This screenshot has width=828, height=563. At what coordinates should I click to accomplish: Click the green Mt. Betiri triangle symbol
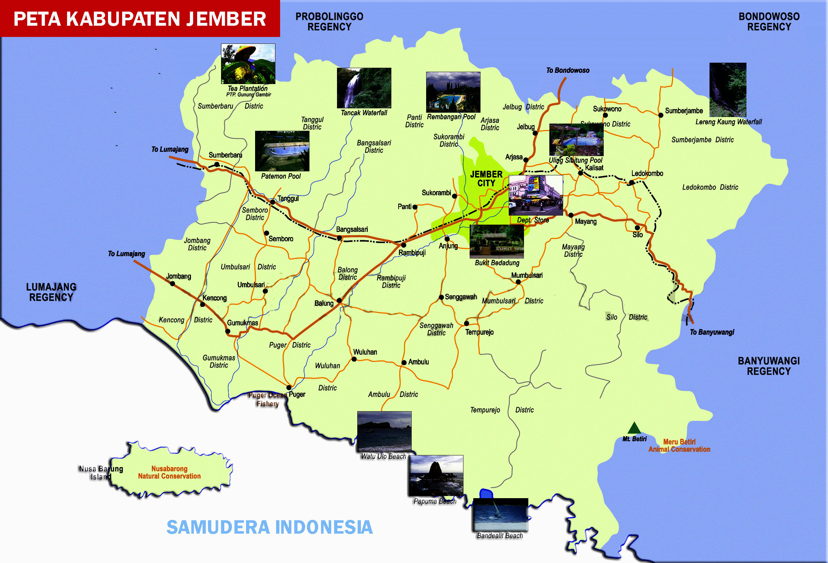634,428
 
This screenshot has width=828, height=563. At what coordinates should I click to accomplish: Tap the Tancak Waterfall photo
364,88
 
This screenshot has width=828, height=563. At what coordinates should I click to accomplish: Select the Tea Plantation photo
248,64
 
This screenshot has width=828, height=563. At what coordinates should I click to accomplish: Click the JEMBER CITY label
486,179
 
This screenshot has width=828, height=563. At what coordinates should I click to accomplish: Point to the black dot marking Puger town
289,388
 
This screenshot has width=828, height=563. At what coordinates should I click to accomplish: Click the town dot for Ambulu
404,363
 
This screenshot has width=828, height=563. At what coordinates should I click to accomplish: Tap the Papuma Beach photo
436,475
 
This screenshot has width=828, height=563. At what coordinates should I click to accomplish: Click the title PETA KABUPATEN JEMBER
140,19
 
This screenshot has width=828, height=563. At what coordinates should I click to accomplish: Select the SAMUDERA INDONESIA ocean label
269,527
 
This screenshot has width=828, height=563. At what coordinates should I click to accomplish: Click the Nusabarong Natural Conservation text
169,472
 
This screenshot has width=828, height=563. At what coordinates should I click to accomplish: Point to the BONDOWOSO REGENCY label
769,22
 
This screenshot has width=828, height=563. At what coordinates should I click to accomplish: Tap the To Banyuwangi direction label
712,332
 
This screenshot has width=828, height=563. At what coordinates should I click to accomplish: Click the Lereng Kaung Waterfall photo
728,89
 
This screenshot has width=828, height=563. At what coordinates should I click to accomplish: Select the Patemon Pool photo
282,151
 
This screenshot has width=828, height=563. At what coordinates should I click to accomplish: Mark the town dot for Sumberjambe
661,115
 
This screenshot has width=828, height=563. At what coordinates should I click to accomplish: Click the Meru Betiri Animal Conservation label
679,446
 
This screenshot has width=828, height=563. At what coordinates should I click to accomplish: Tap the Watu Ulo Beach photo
384,431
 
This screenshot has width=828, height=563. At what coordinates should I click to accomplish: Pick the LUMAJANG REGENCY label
51,292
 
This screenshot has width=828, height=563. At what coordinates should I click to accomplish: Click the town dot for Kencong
203,304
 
